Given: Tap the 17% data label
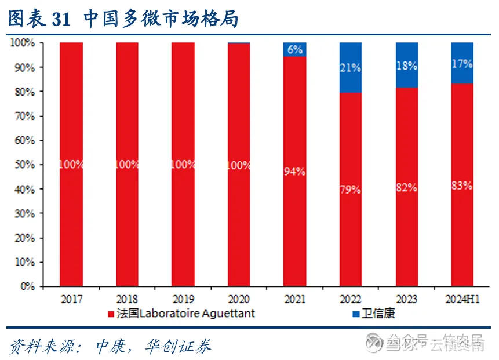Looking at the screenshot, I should pyautogui.click(x=462, y=64).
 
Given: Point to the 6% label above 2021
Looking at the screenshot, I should pyautogui.click(x=294, y=50).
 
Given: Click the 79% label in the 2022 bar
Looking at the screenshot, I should pyautogui.click(x=350, y=189).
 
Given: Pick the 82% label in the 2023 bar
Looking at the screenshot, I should pyautogui.click(x=406, y=187).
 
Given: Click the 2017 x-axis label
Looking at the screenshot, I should pyautogui.click(x=71, y=300).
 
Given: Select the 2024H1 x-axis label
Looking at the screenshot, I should pyautogui.click(x=462, y=300).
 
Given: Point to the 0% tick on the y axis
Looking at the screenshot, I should pyautogui.click(x=27, y=286).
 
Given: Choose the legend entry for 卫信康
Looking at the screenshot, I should pyautogui.click(x=376, y=314).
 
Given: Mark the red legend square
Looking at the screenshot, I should pyautogui.click(x=110, y=314).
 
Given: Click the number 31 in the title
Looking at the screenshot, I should pyautogui.click(x=61, y=19).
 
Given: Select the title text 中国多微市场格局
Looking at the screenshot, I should pyautogui.click(x=161, y=19).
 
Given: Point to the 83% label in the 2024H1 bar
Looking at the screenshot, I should pyautogui.click(x=462, y=186).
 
